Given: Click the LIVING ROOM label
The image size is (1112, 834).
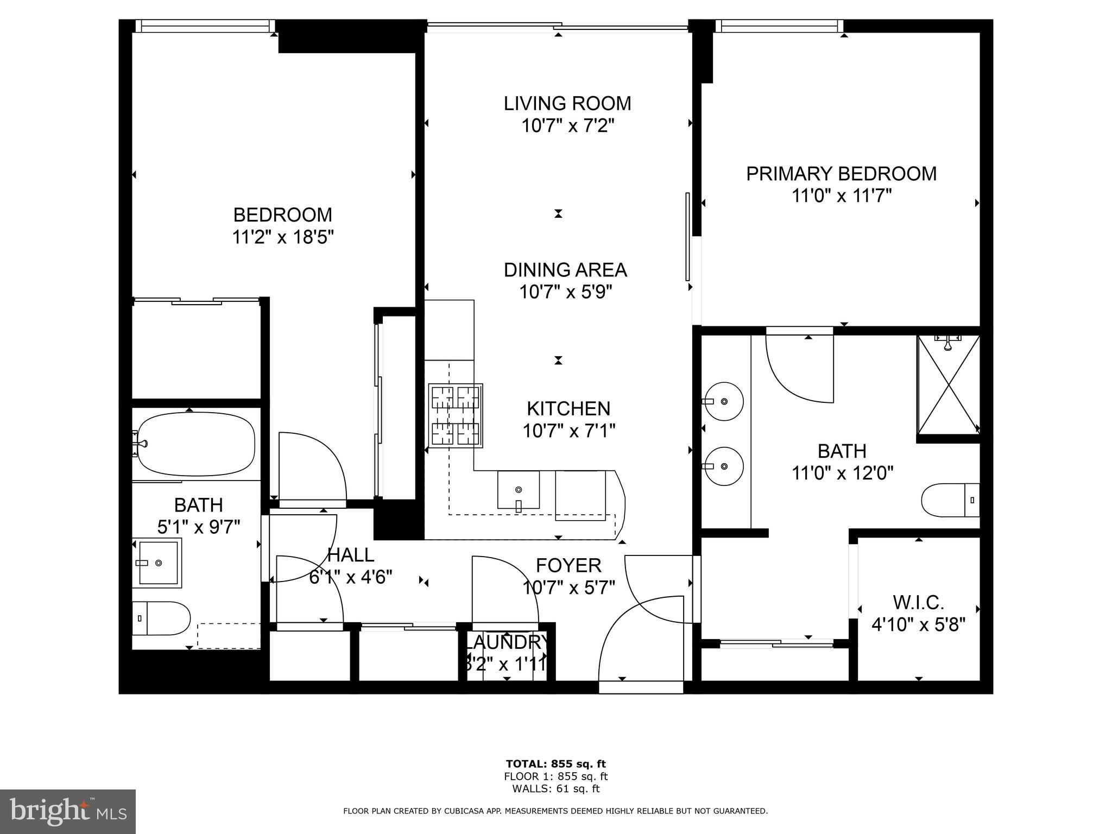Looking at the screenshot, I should coord(567,103).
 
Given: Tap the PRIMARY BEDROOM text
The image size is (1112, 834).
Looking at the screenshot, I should coord(841,174).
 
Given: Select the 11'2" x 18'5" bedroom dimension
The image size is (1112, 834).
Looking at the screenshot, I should coord(282,237).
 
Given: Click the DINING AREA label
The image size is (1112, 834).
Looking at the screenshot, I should coord(565,270).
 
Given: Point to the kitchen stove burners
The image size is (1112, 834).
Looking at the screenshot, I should coord(455,416).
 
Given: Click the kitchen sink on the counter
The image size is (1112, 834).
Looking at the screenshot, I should coord(519,490).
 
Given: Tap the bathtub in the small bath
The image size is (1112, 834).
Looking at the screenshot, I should coord(196,444).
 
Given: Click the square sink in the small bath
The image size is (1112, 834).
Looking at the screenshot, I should coord(157,563).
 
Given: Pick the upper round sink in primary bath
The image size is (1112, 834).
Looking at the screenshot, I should coord(724,401).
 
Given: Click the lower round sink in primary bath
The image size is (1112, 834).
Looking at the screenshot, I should coord(724,466).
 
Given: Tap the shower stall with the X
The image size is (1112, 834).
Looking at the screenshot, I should coord(948,384).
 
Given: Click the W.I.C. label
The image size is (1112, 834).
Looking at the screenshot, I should coord(919,602).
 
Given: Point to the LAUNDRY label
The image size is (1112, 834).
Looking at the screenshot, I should coord(506,642).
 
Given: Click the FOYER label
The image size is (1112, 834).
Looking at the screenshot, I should coord(568,565).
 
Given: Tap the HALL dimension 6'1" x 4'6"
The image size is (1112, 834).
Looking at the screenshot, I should coord(350,577).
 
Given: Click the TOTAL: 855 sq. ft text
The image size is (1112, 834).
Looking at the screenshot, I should coord(555,764).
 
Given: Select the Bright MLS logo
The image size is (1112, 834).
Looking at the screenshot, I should coord(68,811).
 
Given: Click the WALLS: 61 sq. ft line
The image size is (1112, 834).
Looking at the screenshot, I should coord(555,788).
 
